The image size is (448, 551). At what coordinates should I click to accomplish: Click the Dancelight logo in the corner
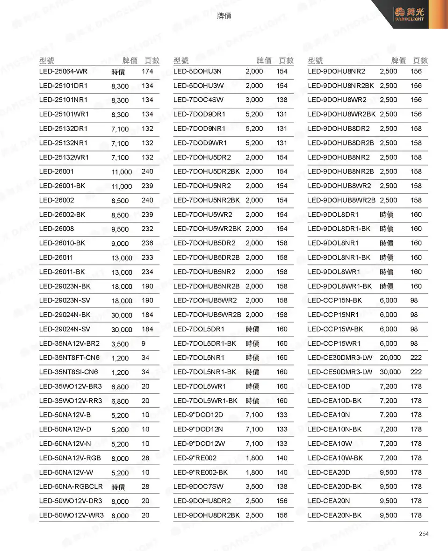coord(409,14)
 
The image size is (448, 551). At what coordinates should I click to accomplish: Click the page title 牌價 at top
coord(224,16)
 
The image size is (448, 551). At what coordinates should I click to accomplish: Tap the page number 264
coord(423,534)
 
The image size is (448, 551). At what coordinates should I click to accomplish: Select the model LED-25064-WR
coord(63,72)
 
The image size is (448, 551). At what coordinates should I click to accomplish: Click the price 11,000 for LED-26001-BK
coord(122,186)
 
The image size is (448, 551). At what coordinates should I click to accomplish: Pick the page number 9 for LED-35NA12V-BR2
coord(143,343)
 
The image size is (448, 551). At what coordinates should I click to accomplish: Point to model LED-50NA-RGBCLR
coord(71,487)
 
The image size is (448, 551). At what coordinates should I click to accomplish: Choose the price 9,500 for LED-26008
coord(120,229)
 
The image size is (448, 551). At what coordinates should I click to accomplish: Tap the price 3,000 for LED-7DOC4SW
coord(254,100)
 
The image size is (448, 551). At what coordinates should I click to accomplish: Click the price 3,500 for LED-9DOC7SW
coord(254,487)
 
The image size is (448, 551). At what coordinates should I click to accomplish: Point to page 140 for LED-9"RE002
coord(282,458)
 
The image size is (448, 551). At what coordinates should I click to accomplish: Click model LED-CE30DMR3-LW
coord(340,358)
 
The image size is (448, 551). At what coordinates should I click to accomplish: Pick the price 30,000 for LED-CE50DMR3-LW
coord(390,372)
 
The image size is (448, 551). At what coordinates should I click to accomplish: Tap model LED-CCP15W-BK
coord(335,329)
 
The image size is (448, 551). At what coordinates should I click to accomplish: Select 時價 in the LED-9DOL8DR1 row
coord(387,215)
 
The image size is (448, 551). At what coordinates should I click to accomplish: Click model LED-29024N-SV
coord(65,329)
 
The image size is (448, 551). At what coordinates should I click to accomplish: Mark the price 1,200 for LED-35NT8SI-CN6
coord(120,372)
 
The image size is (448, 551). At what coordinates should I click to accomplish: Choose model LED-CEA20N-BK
coord(335,515)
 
